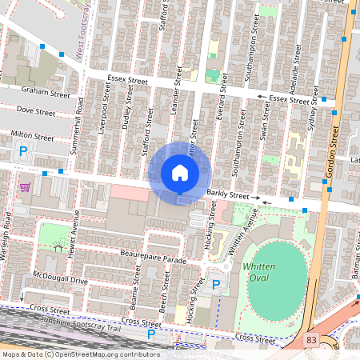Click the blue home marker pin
click(x=180, y=174)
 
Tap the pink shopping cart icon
click(x=25, y=187)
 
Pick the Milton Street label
click(x=32, y=137)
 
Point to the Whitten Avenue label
click(x=242, y=233)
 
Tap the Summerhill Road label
click(x=78, y=120)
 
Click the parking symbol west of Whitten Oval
click(x=215, y=284)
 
